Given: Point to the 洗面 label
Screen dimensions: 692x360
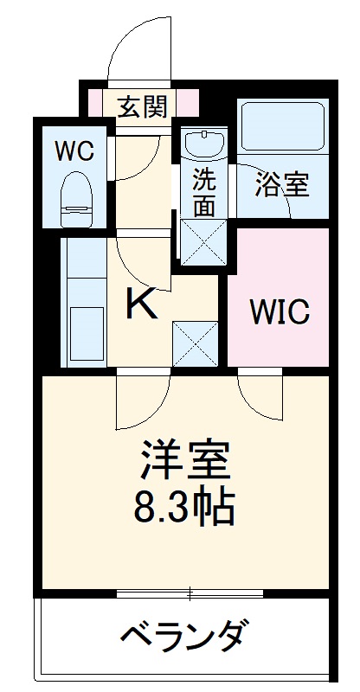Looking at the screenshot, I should [x=204, y=193].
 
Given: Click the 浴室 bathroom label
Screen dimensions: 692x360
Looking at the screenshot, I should [x=281, y=183].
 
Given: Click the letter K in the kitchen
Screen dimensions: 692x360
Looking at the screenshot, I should [x=142, y=304].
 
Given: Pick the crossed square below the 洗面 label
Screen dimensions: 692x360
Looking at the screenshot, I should [x=202, y=240].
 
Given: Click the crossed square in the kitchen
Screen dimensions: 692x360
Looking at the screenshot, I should [x=194, y=343].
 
